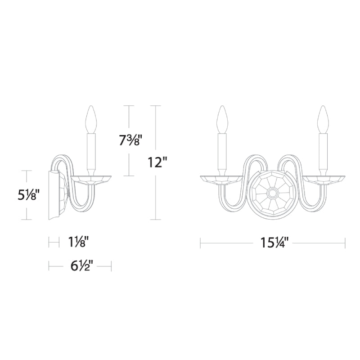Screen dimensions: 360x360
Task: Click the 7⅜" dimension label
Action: coord(130,140)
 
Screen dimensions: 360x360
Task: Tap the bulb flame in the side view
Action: coord(92,119)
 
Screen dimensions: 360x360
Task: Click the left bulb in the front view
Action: coord(222,119)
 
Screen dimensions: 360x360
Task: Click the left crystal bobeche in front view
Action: coord(222,180)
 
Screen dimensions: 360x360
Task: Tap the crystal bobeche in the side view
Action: coord(92,180)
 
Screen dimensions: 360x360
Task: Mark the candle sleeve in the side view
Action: coord(92,151)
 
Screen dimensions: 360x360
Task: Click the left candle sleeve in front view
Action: coord(222,151)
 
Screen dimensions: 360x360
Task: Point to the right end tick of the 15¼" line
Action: coord(345,243)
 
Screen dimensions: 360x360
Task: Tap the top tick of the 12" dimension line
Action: coord(155,106)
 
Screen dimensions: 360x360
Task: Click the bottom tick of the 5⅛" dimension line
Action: coord(27,220)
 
